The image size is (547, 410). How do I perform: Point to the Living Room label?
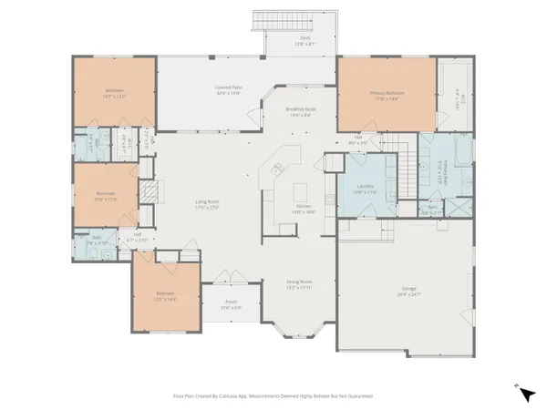(x=208, y=201)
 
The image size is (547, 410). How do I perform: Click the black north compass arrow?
(x=527, y=394)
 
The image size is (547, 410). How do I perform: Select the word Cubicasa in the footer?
(x=230, y=396)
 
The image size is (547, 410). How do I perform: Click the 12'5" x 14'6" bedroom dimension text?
(x=164, y=298)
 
